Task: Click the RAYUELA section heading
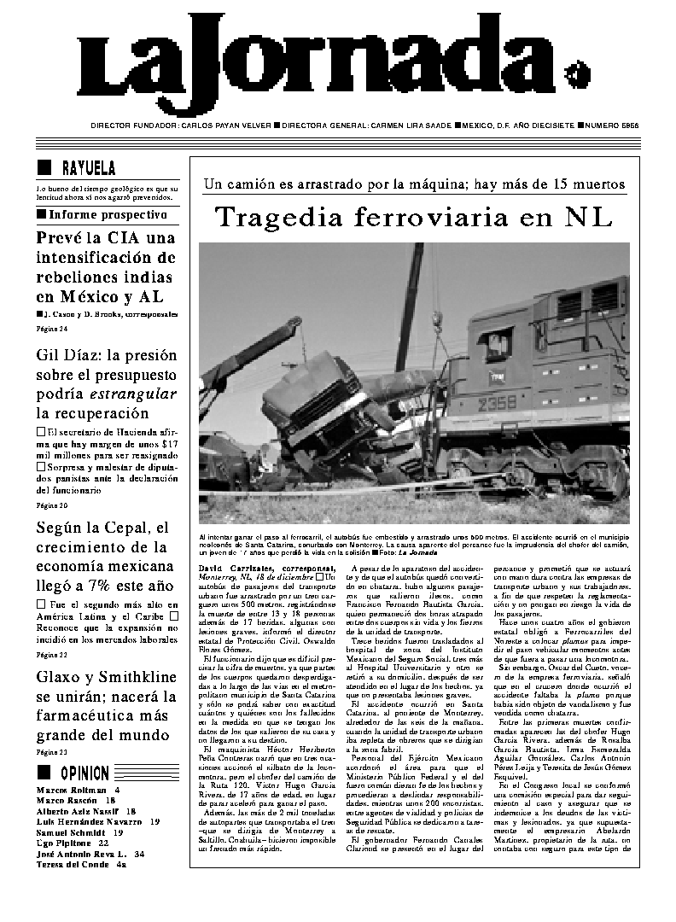pyautogui.click(x=89, y=168)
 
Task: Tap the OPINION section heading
pyautogui.click(x=84, y=773)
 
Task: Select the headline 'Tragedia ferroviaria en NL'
pyautogui.click(x=413, y=217)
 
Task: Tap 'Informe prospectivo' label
pyautogui.click(x=107, y=214)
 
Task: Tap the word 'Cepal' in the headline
pyautogui.click(x=127, y=527)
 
